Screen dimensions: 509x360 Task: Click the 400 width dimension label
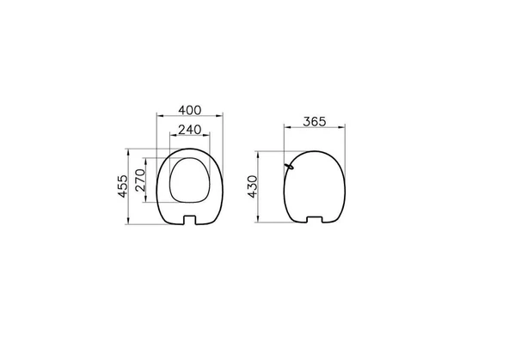190,110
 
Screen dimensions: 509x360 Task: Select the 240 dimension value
190,130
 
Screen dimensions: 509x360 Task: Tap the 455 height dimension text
123,186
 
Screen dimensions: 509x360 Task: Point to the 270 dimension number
140,180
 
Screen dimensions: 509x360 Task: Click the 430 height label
252,186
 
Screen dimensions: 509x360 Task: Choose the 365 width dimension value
314,122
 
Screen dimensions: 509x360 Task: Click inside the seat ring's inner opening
190,180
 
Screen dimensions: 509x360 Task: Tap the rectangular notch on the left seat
190,220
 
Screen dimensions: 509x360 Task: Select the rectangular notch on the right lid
315,219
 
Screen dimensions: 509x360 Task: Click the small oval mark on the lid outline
289,167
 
